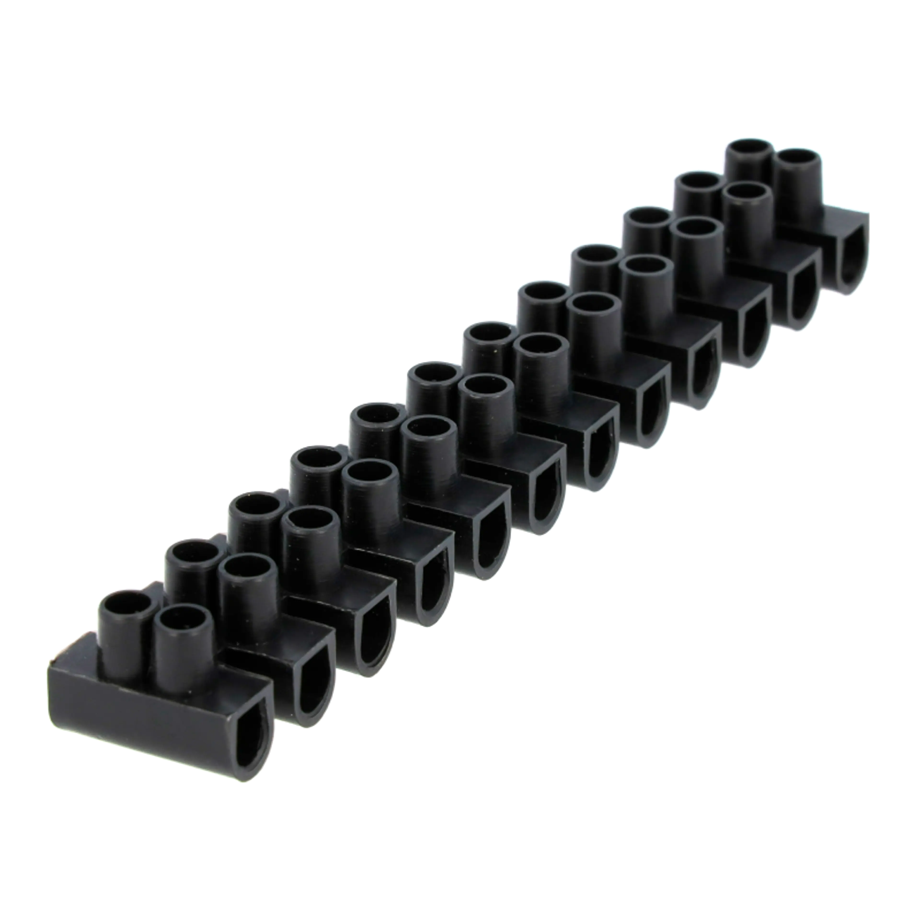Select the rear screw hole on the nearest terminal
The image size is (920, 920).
[126, 607]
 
